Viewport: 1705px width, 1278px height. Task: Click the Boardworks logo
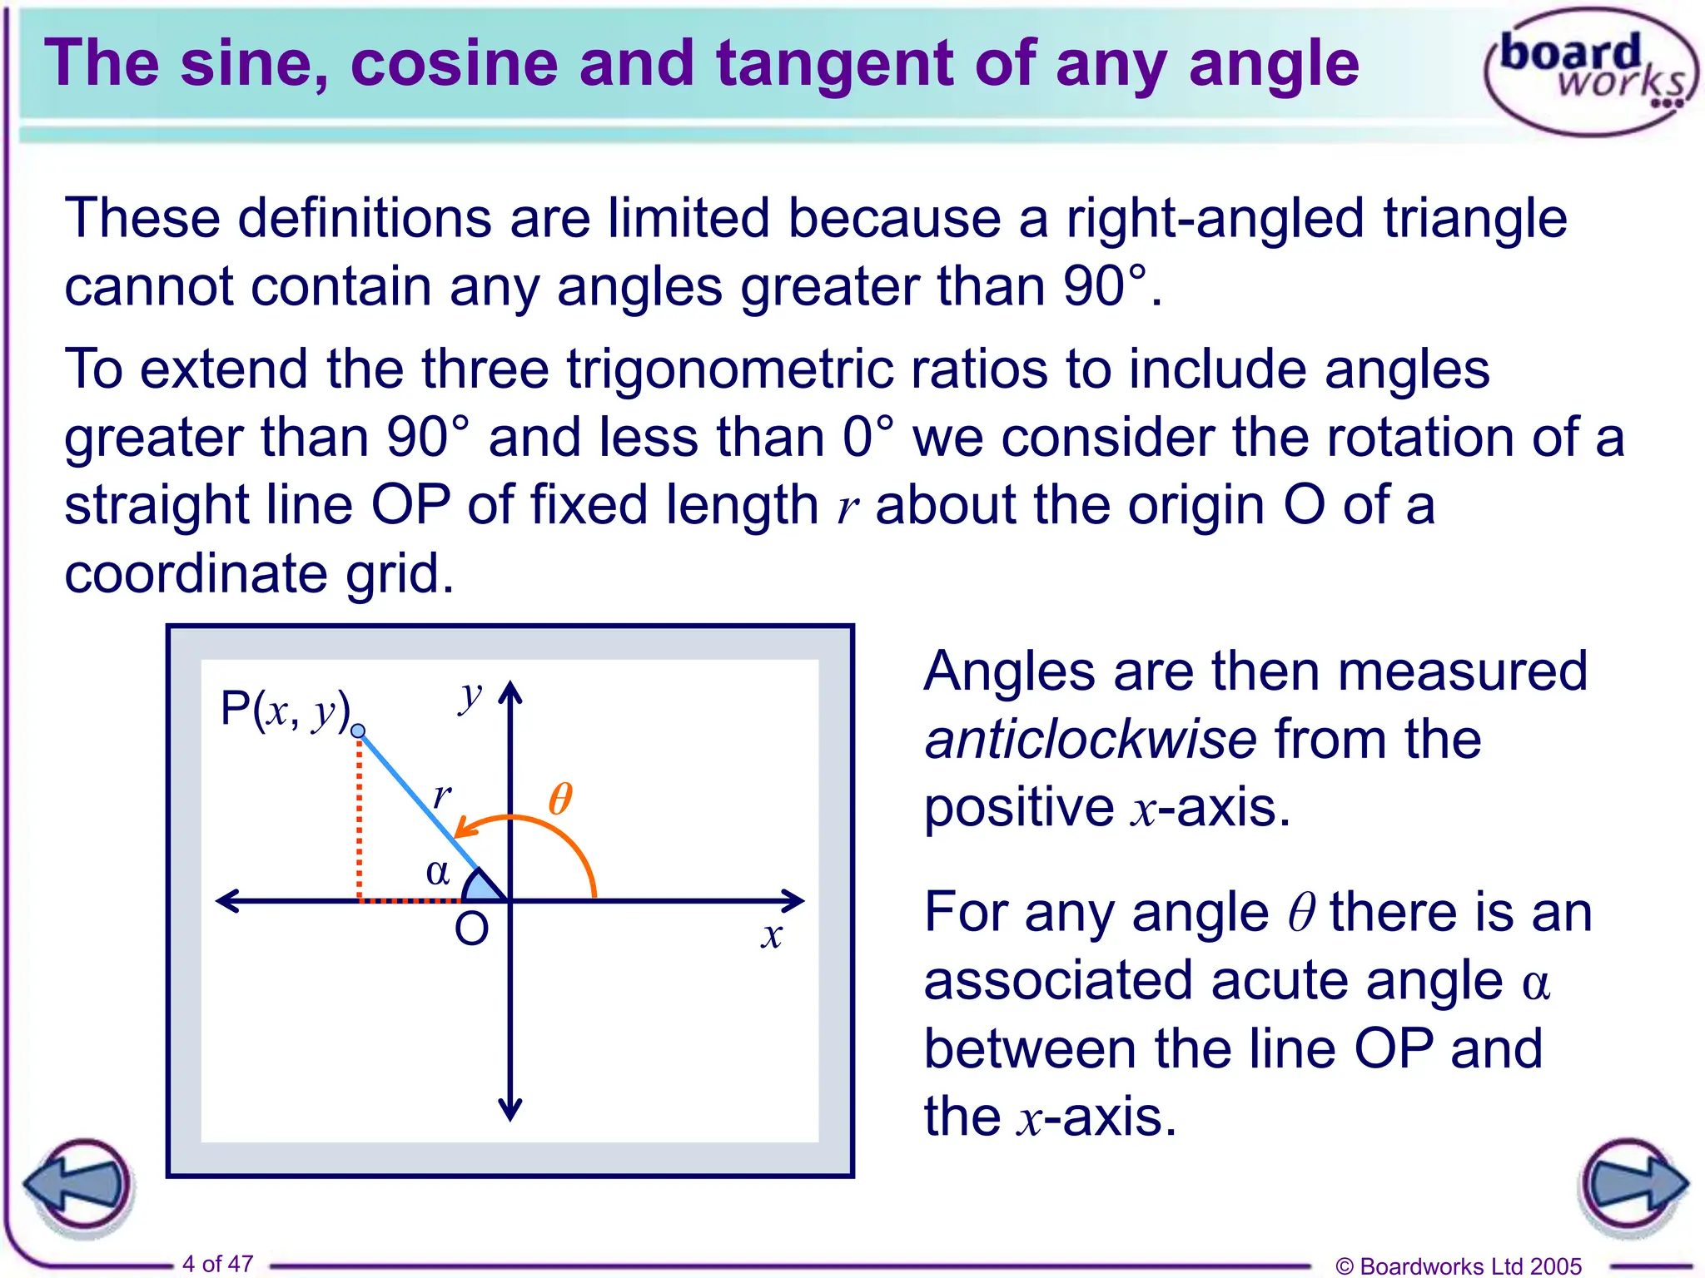tap(1588, 72)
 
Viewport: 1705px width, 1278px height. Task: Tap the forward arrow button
tap(1633, 1185)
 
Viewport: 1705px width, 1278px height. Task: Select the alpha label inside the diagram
tap(438, 872)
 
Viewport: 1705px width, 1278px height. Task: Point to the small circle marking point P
tap(358, 731)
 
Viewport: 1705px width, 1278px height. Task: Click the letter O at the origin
tap(471, 929)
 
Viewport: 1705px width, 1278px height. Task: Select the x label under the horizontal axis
tap(772, 935)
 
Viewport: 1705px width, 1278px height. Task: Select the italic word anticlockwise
tap(1091, 739)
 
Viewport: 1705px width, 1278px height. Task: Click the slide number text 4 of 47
tap(217, 1264)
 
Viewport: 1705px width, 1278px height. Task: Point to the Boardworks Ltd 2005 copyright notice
tap(1458, 1266)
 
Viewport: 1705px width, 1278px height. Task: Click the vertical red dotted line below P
tap(359, 815)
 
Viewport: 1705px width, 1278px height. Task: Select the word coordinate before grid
tap(196, 573)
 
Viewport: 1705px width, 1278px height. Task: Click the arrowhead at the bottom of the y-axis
tap(510, 1110)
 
